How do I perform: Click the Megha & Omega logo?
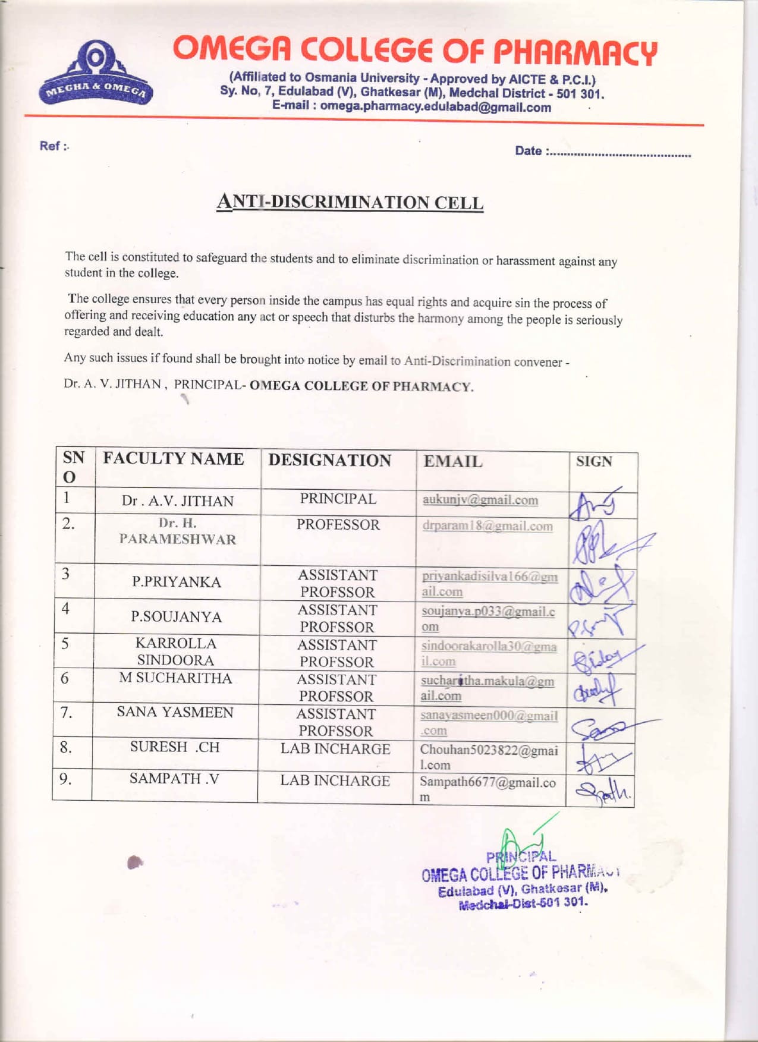tap(96, 73)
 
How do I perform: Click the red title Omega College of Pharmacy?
tap(415, 51)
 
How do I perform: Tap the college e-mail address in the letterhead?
tap(411, 107)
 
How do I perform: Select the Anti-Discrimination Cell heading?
tap(350, 202)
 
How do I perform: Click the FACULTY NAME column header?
tap(174, 459)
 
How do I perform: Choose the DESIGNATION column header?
tap(329, 461)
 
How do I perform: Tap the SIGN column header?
tap(594, 462)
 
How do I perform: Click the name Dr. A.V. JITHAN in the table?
tap(178, 501)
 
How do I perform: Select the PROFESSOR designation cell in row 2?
tap(338, 525)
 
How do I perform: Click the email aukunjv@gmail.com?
tap(480, 500)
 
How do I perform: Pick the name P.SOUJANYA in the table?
tap(177, 617)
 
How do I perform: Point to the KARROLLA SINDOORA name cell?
tap(176, 651)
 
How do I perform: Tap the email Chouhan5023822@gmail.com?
tap(488, 757)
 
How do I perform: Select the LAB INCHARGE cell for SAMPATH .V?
tap(335, 781)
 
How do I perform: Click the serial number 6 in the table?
tap(65, 678)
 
